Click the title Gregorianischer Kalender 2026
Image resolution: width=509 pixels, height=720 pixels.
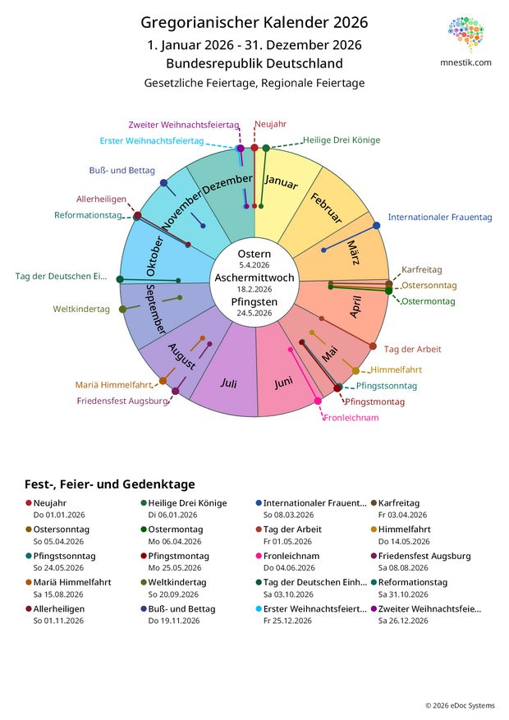click(x=254, y=22)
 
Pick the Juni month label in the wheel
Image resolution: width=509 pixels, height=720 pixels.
click(x=284, y=382)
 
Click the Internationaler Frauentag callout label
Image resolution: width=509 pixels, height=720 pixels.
click(x=440, y=218)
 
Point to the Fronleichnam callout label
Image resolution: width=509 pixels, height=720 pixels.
click(x=351, y=418)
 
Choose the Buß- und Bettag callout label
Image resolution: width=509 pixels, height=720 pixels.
click(x=122, y=171)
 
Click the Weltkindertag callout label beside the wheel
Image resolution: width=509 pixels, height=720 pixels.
click(x=81, y=309)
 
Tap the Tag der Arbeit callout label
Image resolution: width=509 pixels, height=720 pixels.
click(x=412, y=349)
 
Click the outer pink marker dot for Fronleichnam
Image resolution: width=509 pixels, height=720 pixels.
click(x=318, y=401)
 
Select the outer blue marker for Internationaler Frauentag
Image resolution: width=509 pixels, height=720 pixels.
click(x=377, y=226)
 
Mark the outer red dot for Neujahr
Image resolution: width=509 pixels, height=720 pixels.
click(x=254, y=148)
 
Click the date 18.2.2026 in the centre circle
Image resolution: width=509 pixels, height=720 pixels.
click(x=254, y=289)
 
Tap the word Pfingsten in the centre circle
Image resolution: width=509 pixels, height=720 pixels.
click(x=254, y=301)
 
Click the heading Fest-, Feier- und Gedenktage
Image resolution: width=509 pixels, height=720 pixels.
click(x=110, y=484)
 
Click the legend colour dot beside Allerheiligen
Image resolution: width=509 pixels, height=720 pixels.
click(x=29, y=609)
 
